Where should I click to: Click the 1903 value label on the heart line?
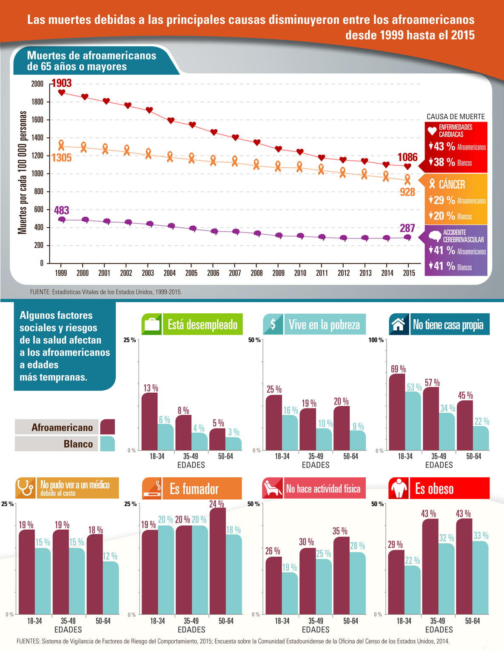pyautogui.click(x=62, y=83)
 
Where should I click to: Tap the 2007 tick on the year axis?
pyautogui.click(x=235, y=273)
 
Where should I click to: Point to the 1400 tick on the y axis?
pyautogui.click(x=37, y=138)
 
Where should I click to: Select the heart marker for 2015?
pyautogui.click(x=407, y=167)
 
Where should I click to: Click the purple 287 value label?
pyautogui.click(x=407, y=228)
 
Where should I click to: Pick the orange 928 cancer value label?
pyautogui.click(x=407, y=192)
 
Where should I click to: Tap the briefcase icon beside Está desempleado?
pyautogui.click(x=152, y=324)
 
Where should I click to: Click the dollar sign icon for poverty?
pyautogui.click(x=273, y=324)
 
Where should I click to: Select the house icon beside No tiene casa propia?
pyautogui.click(x=399, y=324)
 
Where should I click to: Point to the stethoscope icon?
pyautogui.click(x=25, y=488)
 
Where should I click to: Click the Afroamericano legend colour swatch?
pyautogui.click(x=108, y=427)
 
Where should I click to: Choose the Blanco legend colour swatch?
pyautogui.click(x=108, y=444)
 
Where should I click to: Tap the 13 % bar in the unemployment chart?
pyautogui.click(x=150, y=421)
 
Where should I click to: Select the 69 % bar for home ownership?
pyautogui.click(x=397, y=411)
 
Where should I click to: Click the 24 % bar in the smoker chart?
pyautogui.click(x=217, y=561)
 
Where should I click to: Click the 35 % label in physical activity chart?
pyautogui.click(x=340, y=531)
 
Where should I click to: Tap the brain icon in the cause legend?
pyautogui.click(x=435, y=236)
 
